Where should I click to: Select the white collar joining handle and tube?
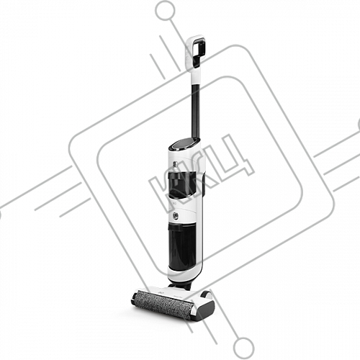[194, 76]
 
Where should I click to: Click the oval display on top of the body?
[184, 144]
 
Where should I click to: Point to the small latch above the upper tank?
[175, 164]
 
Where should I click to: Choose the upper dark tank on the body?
[182, 184]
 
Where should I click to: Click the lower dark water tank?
[183, 246]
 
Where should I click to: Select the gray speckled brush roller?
[163, 305]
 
